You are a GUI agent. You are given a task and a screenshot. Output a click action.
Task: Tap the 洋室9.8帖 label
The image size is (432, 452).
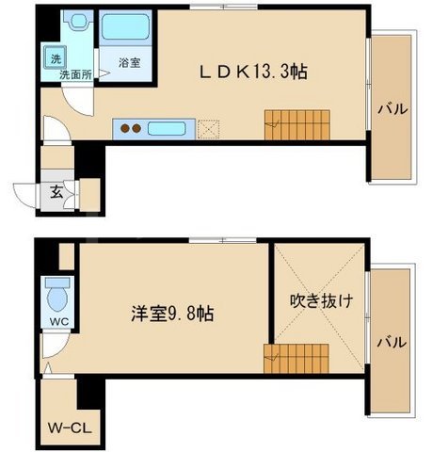pyautogui.click(x=170, y=314)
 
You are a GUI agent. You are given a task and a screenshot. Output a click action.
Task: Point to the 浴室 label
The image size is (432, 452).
pyautogui.click(x=129, y=63)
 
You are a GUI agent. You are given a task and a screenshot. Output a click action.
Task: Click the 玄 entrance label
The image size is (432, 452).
pyautogui.click(x=55, y=195)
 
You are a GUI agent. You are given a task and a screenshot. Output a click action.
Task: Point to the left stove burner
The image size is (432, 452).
pyautogui.click(x=124, y=127)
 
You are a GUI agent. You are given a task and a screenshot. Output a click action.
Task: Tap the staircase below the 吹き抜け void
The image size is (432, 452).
pyautogui.click(x=286, y=358)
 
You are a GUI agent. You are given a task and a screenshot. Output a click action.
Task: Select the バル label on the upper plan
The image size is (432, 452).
pyautogui.click(x=392, y=109)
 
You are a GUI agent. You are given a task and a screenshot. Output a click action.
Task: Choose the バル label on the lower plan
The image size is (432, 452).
pyautogui.click(x=392, y=342)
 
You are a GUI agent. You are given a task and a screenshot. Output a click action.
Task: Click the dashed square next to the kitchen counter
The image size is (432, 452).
pyautogui.click(x=207, y=128)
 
